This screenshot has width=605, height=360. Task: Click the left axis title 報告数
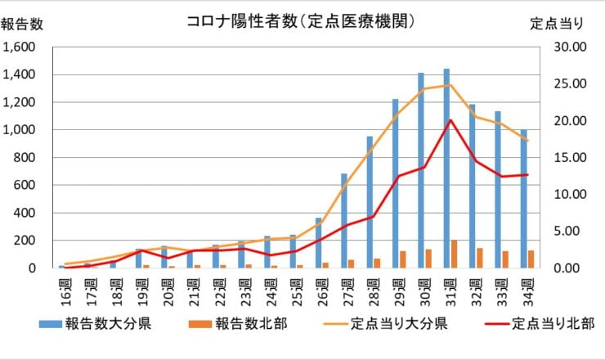point(23,25)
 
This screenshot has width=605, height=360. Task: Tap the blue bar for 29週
point(395,183)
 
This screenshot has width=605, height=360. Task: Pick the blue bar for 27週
point(344,221)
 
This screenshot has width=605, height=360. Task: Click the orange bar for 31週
point(455,254)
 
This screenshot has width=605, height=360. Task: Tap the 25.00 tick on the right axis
point(571,83)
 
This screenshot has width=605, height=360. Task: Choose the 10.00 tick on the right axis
point(571,194)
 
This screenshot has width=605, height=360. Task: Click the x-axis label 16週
point(64,290)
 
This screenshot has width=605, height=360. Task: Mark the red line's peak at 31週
point(450,120)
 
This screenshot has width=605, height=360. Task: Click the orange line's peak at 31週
point(449,85)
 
